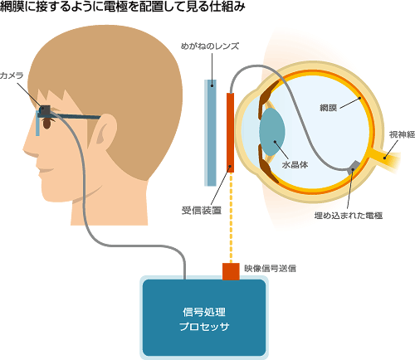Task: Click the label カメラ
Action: pos(12,75)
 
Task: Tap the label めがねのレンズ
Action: pos(210,46)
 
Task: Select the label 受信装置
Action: pos(202,211)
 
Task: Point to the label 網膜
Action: pos(329,108)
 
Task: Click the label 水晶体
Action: pos(295,165)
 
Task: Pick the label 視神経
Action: pos(402,134)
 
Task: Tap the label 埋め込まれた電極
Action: pos(349,216)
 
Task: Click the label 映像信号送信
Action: pos(270,268)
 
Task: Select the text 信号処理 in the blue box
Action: pos(204,312)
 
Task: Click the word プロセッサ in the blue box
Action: pos(204,327)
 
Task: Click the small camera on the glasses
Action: pos(45,110)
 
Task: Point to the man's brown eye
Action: pos(47,124)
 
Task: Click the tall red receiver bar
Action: pos(230,133)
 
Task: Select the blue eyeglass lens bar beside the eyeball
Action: pos(211,133)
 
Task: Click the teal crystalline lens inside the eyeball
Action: pos(272,132)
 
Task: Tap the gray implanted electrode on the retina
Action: pos(354,166)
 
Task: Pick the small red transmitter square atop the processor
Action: pos(231,271)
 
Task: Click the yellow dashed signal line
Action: pos(231,217)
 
